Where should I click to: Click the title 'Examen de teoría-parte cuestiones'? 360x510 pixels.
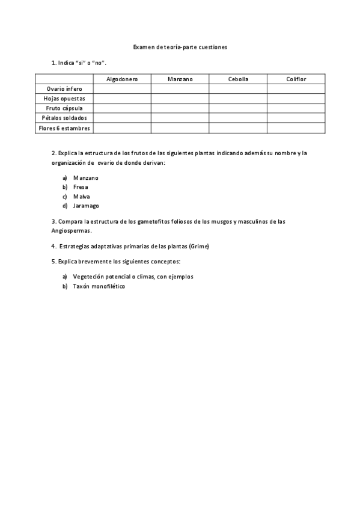(180, 46)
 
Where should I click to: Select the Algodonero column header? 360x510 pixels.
(122, 79)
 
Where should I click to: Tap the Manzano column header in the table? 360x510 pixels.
(180, 79)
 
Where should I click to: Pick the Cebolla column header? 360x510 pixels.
(238, 79)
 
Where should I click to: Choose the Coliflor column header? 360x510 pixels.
(296, 79)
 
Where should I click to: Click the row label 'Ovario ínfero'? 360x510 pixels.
(64, 88)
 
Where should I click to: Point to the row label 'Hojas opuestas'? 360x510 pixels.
(64, 98)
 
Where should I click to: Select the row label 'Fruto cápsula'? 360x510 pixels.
(64, 108)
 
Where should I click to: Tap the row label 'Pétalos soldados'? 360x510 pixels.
(64, 118)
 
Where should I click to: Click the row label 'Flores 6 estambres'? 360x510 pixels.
(64, 128)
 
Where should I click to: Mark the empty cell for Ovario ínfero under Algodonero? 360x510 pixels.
(122, 88)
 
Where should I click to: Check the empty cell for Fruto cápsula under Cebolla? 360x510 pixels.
(238, 108)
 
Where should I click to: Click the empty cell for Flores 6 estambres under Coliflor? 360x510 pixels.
(296, 128)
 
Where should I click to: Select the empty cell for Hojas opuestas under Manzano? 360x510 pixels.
(180, 98)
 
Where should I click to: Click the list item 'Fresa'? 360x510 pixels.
(81, 187)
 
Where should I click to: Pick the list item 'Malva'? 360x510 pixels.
(81, 197)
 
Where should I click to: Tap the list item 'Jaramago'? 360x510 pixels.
(86, 206)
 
